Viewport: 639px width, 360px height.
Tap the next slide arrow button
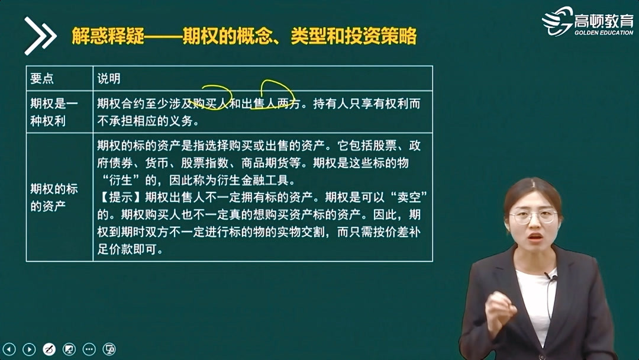28,349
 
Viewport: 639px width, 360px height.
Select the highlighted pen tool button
49,349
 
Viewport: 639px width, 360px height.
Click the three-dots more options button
89,349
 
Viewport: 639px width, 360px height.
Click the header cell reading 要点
42,79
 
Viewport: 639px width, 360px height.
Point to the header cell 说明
109,79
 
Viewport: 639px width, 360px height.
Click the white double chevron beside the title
40,36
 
